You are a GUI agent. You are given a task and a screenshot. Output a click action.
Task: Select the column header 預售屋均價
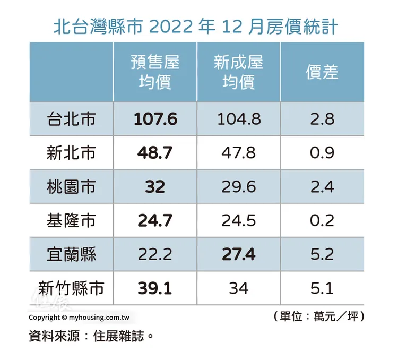155,72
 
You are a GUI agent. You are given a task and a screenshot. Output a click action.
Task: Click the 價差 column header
322,72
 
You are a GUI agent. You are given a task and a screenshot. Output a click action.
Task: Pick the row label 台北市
71,119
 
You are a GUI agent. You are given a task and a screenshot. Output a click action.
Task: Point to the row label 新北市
71,153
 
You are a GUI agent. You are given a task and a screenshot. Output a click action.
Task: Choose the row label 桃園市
71,187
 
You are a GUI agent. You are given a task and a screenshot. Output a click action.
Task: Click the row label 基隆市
71,220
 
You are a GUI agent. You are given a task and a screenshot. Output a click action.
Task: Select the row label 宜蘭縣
71,254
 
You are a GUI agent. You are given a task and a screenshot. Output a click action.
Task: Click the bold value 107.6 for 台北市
155,119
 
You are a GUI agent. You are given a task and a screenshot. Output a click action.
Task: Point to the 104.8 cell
239,119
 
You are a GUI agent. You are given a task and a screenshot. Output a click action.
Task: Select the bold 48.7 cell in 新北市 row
155,153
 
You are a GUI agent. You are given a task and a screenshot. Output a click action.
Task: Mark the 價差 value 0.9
322,153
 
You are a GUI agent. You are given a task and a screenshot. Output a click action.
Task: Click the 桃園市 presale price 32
155,187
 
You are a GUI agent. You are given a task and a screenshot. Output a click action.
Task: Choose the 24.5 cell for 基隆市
239,220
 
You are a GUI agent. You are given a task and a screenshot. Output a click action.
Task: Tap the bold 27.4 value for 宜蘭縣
239,254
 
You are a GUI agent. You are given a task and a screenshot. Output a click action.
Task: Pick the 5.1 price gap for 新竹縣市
322,288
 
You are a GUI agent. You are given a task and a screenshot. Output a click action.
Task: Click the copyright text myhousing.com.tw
80,318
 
